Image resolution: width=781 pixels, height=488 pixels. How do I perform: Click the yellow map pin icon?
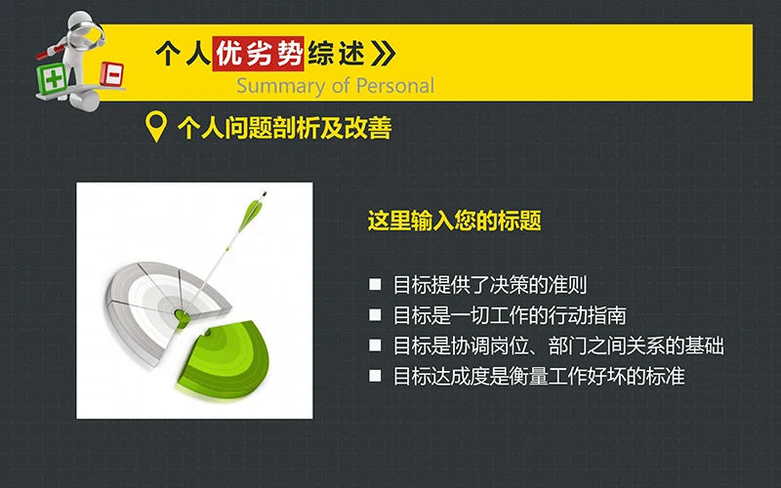click(x=155, y=128)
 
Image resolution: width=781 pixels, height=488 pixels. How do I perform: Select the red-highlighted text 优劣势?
click(x=263, y=53)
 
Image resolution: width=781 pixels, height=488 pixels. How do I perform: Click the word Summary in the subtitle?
click(x=272, y=85)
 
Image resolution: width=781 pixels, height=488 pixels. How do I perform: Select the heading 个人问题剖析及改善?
click(x=284, y=128)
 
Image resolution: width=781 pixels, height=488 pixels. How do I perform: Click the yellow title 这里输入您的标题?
click(x=454, y=221)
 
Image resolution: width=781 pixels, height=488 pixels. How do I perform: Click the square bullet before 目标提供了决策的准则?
click(x=375, y=285)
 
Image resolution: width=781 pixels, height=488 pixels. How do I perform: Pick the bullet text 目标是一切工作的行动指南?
click(x=509, y=315)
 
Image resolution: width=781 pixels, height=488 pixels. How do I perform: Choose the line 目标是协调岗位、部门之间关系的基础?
click(x=557, y=346)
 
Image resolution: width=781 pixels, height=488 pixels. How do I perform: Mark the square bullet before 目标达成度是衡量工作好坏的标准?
click(x=375, y=376)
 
